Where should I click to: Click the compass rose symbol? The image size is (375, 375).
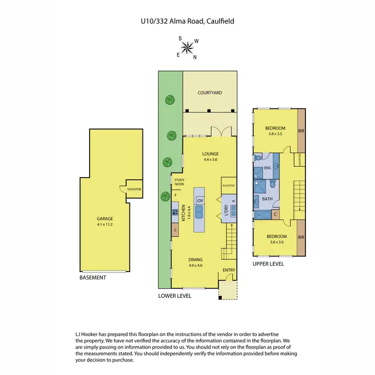(188, 48)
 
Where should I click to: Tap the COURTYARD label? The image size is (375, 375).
(209, 92)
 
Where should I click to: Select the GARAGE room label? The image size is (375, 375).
(105, 218)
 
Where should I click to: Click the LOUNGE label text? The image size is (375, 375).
(211, 153)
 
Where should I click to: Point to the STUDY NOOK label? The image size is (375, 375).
(179, 181)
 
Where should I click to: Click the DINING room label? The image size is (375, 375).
(195, 259)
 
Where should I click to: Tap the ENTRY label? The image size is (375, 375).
(229, 271)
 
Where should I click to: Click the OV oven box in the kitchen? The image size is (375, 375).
(199, 200)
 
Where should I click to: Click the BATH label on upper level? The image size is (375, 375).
(267, 199)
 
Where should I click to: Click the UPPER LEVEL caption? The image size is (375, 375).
(268, 264)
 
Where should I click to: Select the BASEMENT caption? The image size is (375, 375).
(93, 278)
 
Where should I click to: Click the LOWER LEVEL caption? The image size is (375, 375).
(174, 295)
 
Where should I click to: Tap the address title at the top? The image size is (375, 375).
(187, 21)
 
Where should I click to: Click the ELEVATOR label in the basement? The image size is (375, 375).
(134, 189)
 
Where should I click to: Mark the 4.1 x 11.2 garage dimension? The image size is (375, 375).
(105, 224)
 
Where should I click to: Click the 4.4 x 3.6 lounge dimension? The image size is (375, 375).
(211, 160)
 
